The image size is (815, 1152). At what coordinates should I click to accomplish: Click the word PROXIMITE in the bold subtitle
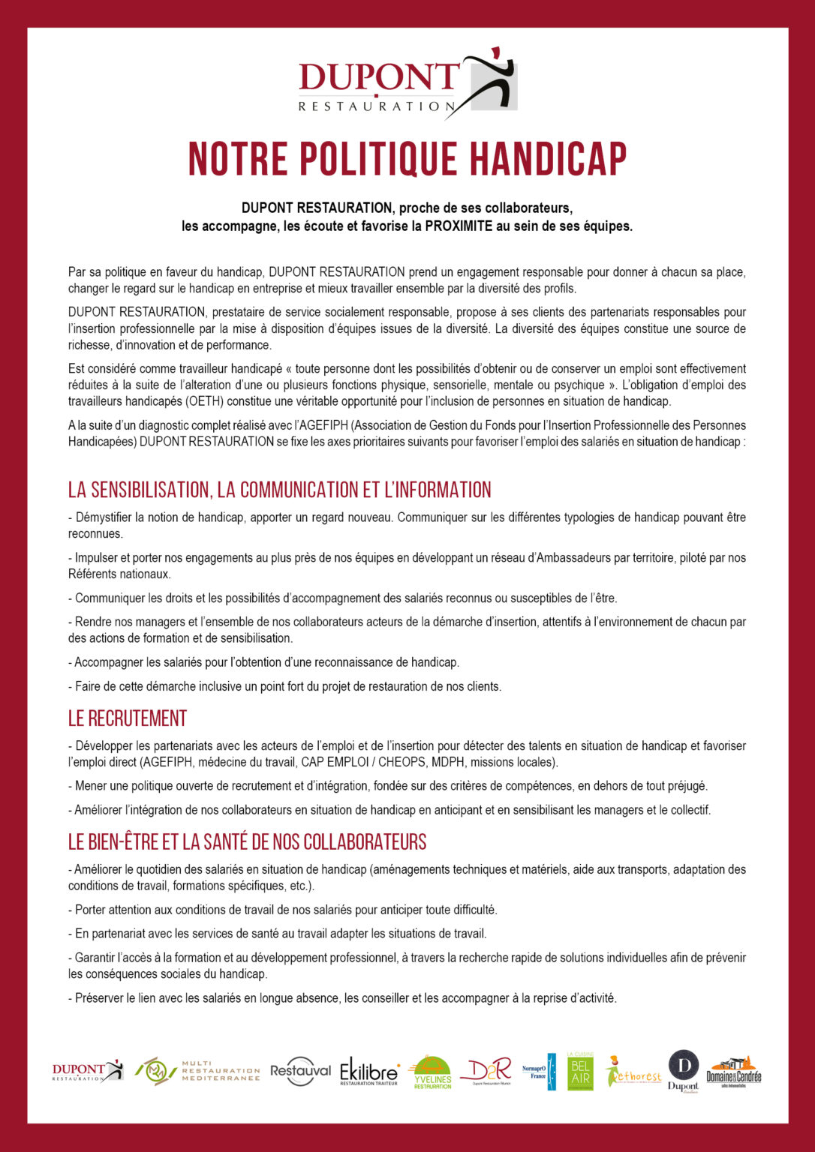[x=459, y=226]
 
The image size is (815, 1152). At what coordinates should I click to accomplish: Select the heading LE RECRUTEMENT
[x=128, y=718]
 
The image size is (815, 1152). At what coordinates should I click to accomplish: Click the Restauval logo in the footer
[x=300, y=1071]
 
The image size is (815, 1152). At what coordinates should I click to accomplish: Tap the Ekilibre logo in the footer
[x=369, y=1071]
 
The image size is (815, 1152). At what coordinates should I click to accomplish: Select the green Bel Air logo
[x=580, y=1071]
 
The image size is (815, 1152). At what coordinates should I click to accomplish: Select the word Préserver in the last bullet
[x=99, y=998]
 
